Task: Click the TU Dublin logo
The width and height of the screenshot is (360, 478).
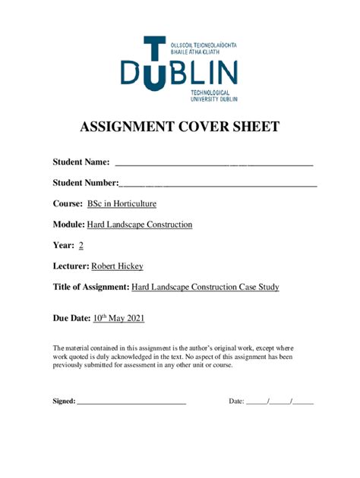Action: click(179, 68)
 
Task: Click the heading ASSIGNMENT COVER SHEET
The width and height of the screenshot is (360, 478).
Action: click(180, 127)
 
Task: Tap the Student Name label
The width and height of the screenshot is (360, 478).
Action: click(81, 162)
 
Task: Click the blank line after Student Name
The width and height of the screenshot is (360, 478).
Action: click(213, 163)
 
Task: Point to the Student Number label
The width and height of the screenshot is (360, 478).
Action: click(86, 183)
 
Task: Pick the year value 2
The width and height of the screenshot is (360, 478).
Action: click(81, 246)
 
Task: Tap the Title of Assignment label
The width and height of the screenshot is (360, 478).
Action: click(90, 287)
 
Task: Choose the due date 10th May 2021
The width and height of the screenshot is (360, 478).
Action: click(118, 319)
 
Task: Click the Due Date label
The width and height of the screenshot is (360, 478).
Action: click(71, 319)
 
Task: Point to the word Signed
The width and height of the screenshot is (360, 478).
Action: click(64, 401)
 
